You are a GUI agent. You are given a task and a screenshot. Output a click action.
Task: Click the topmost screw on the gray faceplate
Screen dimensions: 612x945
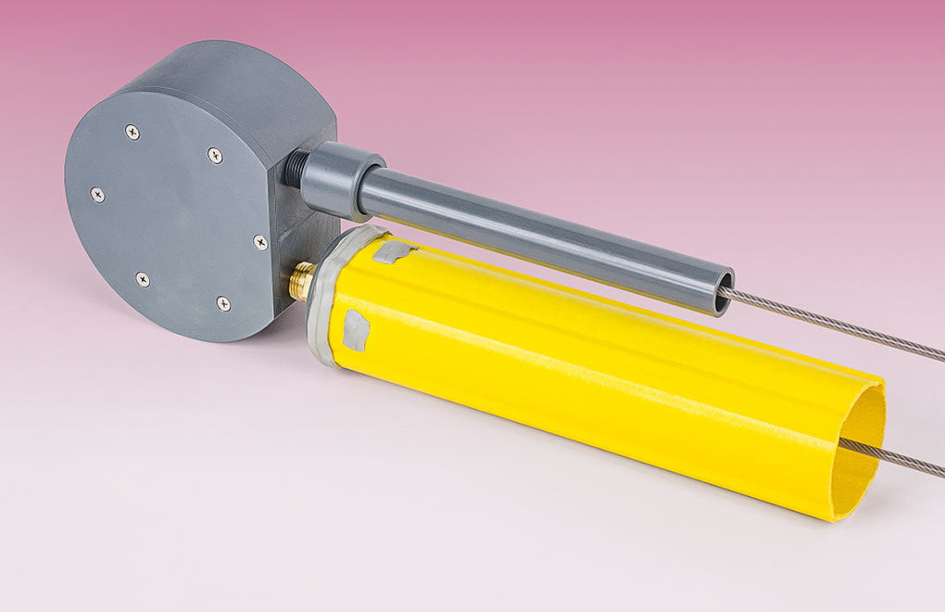[132, 132]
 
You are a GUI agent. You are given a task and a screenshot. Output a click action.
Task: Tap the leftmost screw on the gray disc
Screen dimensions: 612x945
[97, 194]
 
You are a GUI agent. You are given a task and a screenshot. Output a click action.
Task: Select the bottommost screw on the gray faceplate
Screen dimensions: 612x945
[223, 303]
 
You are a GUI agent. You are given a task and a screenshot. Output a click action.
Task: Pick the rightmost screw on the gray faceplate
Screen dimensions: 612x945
[260, 242]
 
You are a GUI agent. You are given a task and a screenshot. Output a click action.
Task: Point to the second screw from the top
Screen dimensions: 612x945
[215, 155]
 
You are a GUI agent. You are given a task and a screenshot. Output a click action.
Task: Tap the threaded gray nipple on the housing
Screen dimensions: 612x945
[296, 168]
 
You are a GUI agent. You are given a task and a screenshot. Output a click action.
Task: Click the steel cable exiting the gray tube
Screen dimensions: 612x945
[834, 325]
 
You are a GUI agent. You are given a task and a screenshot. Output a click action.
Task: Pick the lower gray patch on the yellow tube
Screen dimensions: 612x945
[356, 330]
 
